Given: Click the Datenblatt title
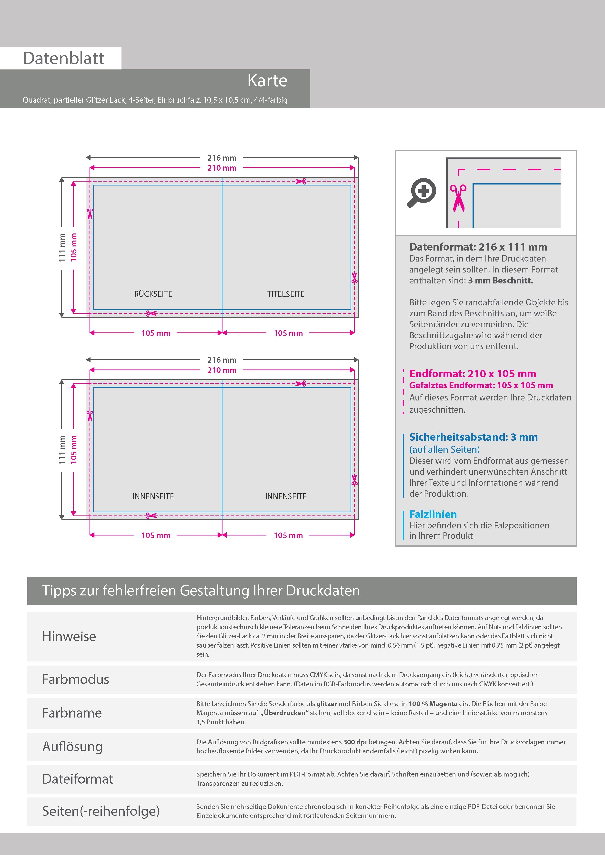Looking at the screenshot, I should click(x=63, y=58).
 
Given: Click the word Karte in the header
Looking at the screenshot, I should click(x=267, y=80).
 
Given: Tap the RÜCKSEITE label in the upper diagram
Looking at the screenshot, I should click(x=153, y=294).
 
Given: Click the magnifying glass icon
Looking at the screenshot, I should click(x=422, y=192).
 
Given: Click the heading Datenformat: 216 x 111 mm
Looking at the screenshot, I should click(x=478, y=247).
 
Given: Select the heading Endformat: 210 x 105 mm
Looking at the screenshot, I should click(x=472, y=373).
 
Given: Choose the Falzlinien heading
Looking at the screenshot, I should click(x=433, y=514).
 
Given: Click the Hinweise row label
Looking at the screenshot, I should click(x=69, y=636).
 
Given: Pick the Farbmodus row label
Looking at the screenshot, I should click(x=76, y=679).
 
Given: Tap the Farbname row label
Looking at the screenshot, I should click(x=72, y=713).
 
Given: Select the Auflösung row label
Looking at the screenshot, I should click(x=72, y=746).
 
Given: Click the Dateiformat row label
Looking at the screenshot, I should click(x=78, y=779).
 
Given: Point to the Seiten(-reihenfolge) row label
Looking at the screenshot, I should click(x=101, y=811).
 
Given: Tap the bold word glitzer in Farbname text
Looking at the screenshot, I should click(x=327, y=704).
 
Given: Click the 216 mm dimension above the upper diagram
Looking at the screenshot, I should click(x=222, y=158).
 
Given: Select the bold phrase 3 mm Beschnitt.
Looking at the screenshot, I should click(x=500, y=280).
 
